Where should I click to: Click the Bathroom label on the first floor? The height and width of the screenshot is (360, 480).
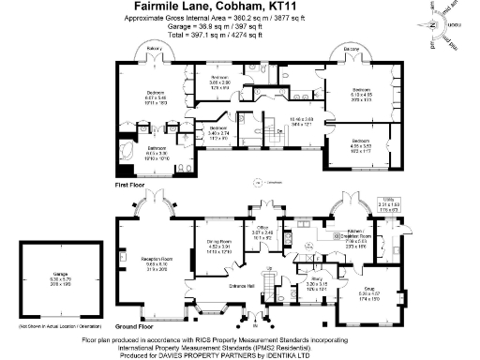click(x=158, y=148)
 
